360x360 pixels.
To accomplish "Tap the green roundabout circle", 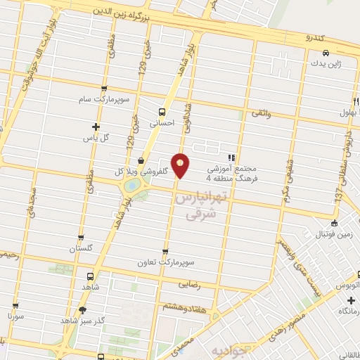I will coord(131,186).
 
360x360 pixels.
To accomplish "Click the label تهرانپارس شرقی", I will coord(200,209).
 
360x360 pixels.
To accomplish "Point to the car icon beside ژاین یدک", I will coord(326,53).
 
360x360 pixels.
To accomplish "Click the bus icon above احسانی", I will coord(162,111).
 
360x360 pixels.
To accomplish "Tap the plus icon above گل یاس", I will coord(96,127).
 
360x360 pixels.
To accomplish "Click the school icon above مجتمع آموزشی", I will coord(230,157).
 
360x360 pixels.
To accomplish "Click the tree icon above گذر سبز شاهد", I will coord(83,310).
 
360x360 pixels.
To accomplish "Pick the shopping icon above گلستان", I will coord(81,238).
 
